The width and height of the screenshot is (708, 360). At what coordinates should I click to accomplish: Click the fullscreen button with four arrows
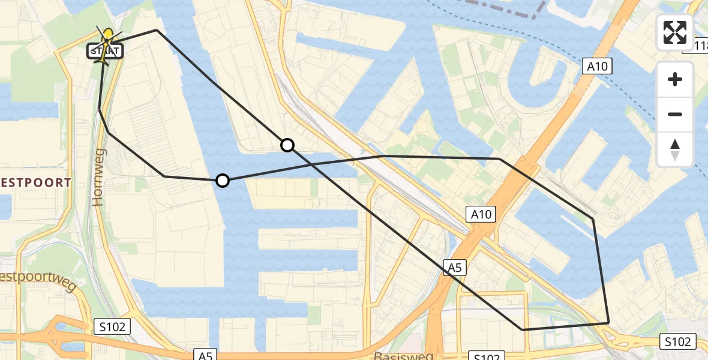(x=675, y=32)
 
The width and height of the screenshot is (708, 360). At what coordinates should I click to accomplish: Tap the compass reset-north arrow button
(x=675, y=149)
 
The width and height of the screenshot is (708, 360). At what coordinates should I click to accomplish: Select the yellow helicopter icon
(x=107, y=42)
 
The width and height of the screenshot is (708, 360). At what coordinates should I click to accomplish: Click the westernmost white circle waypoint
(x=223, y=181)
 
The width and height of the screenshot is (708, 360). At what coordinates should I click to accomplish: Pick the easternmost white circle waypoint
(x=287, y=145)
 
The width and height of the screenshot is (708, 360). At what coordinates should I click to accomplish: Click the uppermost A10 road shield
(x=598, y=67)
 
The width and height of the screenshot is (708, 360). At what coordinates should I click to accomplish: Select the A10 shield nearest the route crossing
(x=481, y=214)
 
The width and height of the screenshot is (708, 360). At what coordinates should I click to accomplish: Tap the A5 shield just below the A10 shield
(x=454, y=268)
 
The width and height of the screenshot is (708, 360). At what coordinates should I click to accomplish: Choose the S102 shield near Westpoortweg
(x=112, y=327)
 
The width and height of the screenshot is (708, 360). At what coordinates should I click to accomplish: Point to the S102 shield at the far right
(x=678, y=342)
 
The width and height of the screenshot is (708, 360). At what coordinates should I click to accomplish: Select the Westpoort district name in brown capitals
(x=36, y=182)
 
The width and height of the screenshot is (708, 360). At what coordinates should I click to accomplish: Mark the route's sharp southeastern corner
(x=608, y=323)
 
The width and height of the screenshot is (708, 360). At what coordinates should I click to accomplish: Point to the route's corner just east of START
(x=157, y=30)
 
